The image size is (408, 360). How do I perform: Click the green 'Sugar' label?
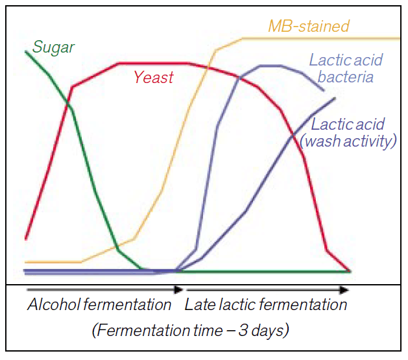tap(54, 47)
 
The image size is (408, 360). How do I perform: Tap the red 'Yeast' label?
tap(154, 78)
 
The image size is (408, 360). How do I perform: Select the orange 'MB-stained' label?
tap(309, 27)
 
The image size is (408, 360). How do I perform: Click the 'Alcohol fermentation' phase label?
tap(99, 305)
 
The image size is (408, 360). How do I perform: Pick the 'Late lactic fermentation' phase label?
tap(266, 305)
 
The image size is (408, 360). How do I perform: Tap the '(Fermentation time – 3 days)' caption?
tap(190, 331)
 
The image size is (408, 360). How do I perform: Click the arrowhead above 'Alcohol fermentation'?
tap(177, 291)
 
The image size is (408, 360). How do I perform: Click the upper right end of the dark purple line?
tap(335, 98)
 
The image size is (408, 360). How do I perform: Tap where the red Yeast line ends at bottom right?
tap(351, 271)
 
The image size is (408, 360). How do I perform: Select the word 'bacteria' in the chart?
tap(350, 77)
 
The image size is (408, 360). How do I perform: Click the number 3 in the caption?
tap(243, 331)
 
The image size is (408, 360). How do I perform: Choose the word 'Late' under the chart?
tap(199, 305)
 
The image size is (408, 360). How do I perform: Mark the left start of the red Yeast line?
tap(25, 238)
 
